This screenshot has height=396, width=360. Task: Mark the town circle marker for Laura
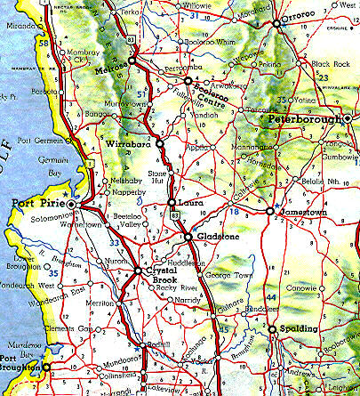coord(172,205)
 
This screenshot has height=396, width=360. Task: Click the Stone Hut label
coord(158,179)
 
